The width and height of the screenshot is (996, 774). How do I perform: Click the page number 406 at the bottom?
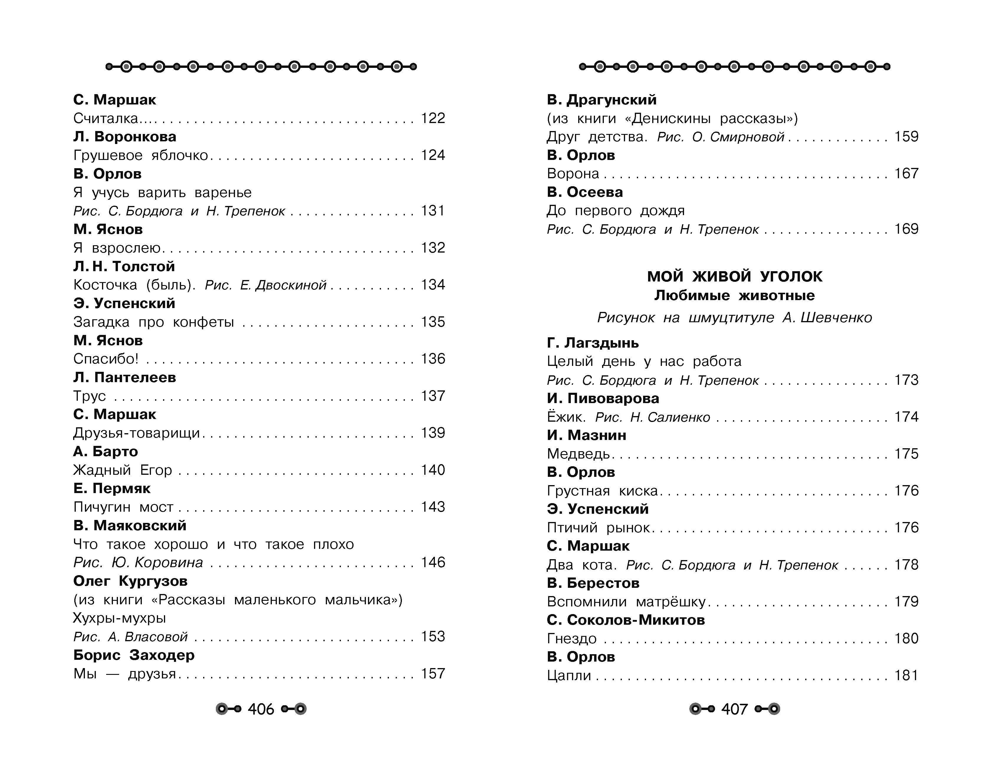(261, 709)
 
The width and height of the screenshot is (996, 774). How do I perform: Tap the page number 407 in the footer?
(734, 709)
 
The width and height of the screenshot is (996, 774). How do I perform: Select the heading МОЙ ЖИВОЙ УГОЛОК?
(734, 276)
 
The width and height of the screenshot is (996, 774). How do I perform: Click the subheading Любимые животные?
(734, 296)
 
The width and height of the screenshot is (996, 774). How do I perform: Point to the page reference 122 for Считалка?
(432, 118)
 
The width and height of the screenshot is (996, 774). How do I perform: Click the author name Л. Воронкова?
(124, 137)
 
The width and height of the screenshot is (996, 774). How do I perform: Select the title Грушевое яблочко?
(140, 156)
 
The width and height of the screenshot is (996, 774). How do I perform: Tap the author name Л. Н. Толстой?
(124, 266)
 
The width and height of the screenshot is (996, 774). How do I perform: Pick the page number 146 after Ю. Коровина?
(432, 562)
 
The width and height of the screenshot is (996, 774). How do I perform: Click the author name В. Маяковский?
(130, 526)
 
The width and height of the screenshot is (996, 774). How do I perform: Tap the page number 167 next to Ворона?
(906, 174)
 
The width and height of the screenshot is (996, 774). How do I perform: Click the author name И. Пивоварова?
(603, 398)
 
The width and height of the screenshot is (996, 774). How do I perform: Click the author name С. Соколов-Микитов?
(626, 620)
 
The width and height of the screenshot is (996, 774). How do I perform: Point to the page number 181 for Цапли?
(906, 675)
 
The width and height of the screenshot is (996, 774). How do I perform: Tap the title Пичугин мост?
(123, 507)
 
